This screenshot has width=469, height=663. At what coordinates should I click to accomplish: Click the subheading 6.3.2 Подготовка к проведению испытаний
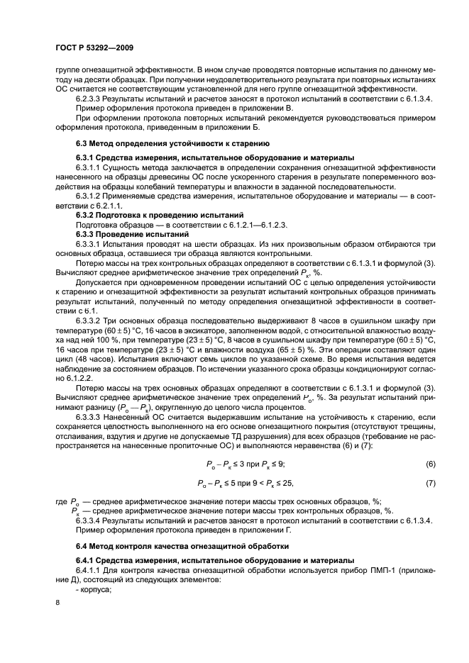point(160,213)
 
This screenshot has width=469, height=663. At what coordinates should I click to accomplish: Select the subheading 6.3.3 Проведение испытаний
point(126,233)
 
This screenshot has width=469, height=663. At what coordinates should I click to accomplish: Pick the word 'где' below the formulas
point(60,501)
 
